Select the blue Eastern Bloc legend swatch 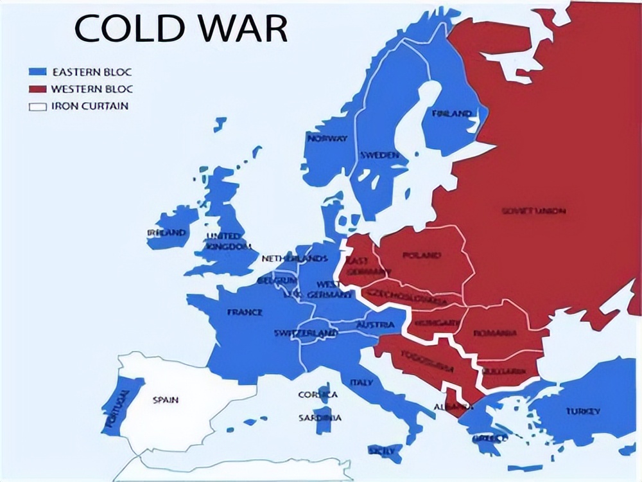click(x=38, y=72)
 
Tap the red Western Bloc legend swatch click(x=38, y=89)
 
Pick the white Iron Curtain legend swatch click(x=38, y=106)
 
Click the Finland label click(x=451, y=114)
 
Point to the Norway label click(x=327, y=138)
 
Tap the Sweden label click(x=379, y=156)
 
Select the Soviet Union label click(x=534, y=211)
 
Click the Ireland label click(x=166, y=233)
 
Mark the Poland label click(x=421, y=255)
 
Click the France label click(x=245, y=312)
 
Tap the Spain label click(x=165, y=400)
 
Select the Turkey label click(x=583, y=411)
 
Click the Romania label click(x=495, y=333)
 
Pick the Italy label click(x=361, y=382)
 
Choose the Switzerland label click(x=306, y=333)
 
